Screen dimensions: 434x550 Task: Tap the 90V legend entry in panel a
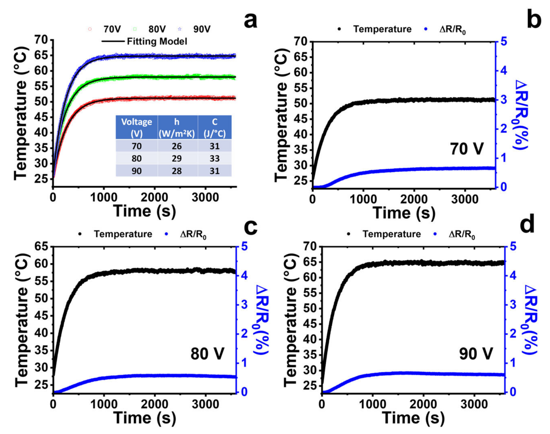[202, 29]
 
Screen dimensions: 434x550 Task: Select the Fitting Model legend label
[157, 41]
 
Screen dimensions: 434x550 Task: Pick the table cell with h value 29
[177, 158]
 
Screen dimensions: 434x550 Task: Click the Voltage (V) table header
[136, 127]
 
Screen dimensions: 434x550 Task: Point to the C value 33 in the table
[215, 158]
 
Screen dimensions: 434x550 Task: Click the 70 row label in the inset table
[136, 146]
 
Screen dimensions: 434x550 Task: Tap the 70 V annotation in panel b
[467, 149]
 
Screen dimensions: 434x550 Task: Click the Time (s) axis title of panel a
[144, 211]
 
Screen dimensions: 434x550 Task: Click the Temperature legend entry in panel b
[382, 29]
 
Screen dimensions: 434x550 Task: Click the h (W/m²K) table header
[177, 127]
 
